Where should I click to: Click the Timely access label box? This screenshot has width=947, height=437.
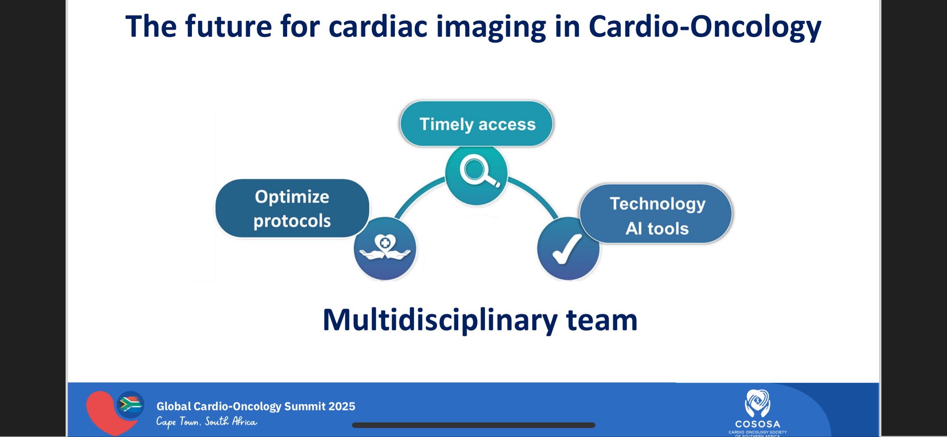coord(476,123)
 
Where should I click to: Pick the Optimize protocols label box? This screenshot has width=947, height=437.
coord(292,208)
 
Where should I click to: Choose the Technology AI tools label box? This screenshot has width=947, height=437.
coord(656,214)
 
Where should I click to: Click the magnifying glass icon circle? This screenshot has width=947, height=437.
coord(476,174)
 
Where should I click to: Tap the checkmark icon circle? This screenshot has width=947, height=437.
coord(568,248)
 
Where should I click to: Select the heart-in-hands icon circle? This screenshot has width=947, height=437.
coord(385,248)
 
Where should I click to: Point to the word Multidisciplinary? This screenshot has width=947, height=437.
coord(440,320)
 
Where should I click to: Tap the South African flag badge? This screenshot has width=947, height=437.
coord(130,405)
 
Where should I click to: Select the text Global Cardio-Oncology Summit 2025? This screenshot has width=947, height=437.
coord(256,406)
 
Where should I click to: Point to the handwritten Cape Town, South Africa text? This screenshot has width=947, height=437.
coord(206,421)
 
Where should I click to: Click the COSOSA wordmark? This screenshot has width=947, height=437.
coord(757,424)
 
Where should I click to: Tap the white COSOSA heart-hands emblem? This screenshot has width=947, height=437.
coord(757,403)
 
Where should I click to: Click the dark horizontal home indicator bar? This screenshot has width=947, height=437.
coord(473,425)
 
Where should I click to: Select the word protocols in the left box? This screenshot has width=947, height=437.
coord(292,221)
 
